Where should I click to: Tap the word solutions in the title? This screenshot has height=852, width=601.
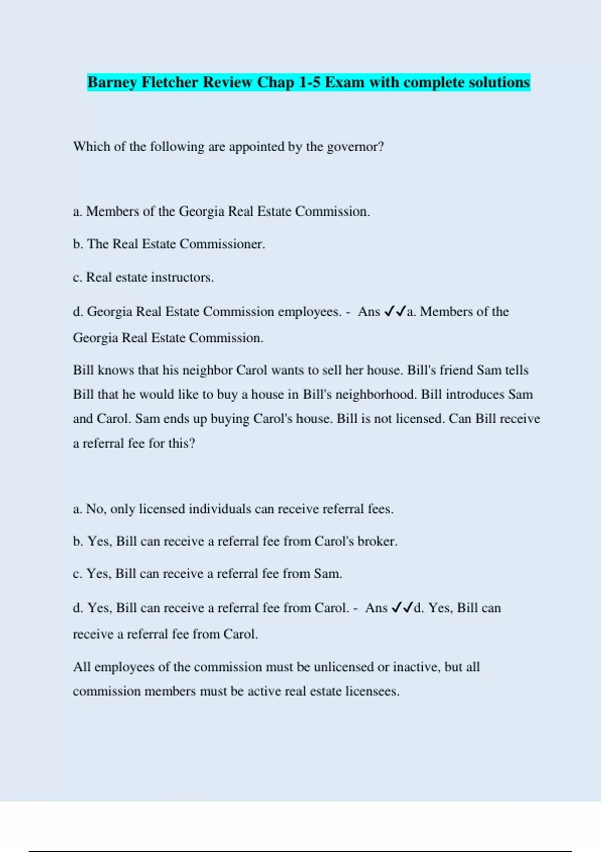[498, 82]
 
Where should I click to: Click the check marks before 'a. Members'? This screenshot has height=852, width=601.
[395, 312]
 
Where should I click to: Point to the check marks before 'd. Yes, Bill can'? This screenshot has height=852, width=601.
[402, 608]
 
